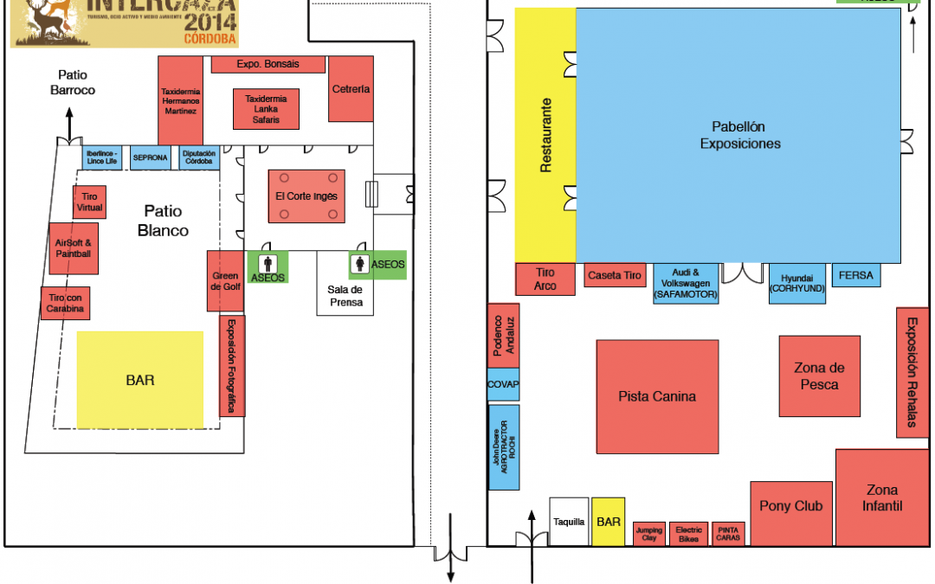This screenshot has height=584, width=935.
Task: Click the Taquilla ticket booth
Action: (569, 521)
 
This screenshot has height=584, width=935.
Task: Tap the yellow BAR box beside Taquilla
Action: (609, 521)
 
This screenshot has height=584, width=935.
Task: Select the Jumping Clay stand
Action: (649, 534)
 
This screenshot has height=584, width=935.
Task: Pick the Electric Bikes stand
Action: (688, 534)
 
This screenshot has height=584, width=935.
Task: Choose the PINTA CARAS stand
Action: (728, 534)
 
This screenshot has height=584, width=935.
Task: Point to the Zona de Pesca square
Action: (819, 376)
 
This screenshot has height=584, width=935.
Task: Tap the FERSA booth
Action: (855, 275)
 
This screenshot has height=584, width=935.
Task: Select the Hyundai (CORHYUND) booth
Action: (797, 283)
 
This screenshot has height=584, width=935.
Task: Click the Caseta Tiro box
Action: (616, 275)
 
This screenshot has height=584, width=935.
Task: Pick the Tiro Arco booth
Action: (545, 279)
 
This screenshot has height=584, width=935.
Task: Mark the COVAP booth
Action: (503, 384)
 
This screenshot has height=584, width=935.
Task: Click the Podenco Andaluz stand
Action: (503, 335)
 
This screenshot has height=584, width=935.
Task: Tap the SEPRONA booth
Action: (151, 158)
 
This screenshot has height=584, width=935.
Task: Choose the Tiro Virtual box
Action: (89, 202)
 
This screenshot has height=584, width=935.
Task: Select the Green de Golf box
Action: (224, 280)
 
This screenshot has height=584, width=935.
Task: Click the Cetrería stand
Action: (351, 89)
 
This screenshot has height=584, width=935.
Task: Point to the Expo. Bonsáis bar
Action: (268, 65)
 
